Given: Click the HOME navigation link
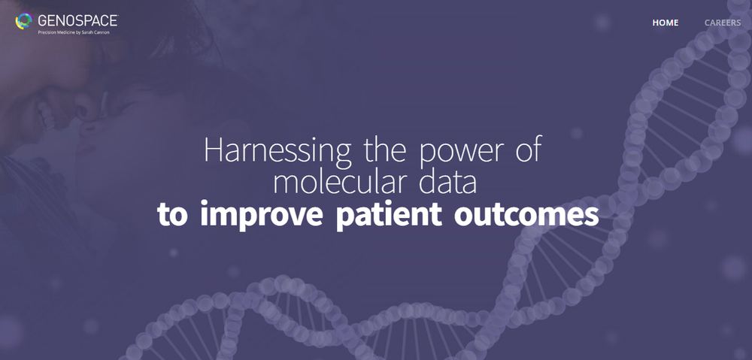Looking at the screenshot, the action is coord(666,23).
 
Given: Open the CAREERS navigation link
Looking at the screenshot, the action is coord(722,23).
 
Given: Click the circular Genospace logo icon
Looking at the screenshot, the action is coord(23,21).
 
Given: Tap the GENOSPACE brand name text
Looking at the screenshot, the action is coord(77,20).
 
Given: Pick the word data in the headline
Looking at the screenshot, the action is coord(448,181).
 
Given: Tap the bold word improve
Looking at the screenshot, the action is coord(262,215).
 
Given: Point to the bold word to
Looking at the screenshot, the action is coord(172,215).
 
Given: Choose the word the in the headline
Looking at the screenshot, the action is coord(385,150).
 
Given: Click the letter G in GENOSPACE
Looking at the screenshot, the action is coord(42,21).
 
